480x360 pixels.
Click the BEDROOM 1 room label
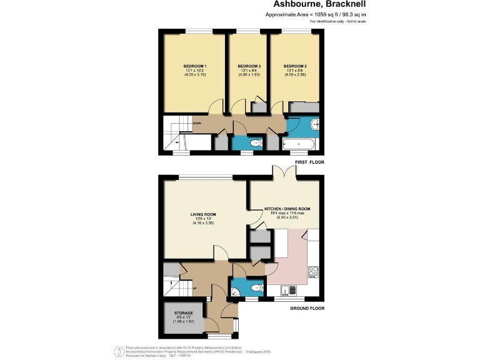coord(195,66)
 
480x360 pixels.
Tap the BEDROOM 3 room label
coord(249,66)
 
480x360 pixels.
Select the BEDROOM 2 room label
coord(295,66)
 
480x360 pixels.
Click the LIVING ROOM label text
coord(203,214)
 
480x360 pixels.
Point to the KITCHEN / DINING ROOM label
coord(287,209)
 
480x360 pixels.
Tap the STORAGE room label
coord(184,312)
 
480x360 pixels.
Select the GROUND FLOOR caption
coord(306,308)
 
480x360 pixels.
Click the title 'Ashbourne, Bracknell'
coord(322,4)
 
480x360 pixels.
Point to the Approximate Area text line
coord(316,14)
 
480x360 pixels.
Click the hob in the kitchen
coord(313,272)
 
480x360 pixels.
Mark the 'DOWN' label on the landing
coord(197,123)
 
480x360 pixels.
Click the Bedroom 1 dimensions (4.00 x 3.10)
coord(195,76)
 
